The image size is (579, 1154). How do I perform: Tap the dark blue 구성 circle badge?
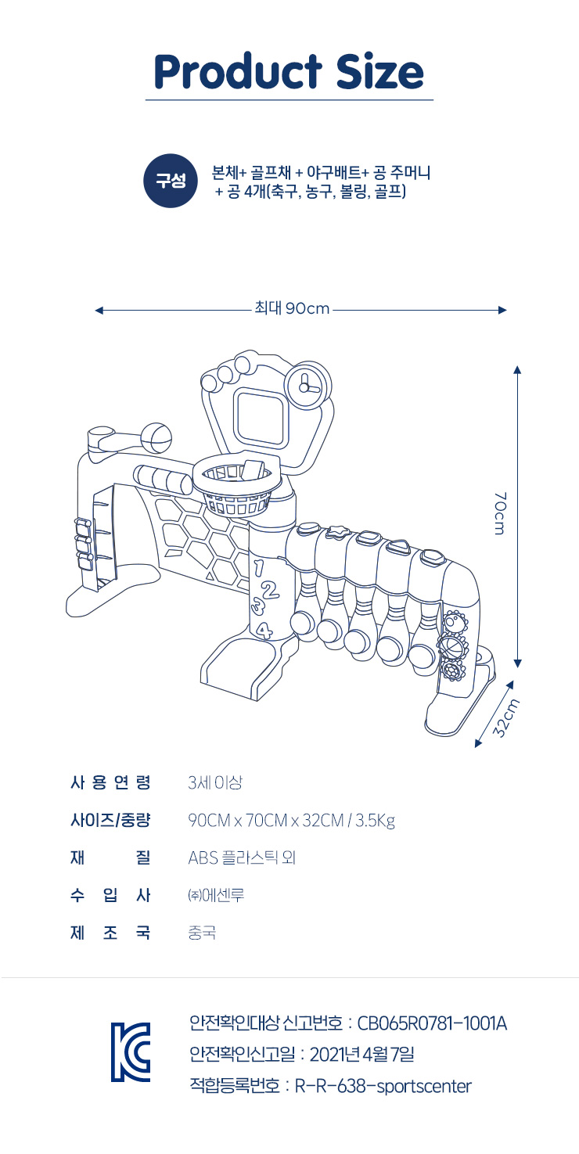click(170, 181)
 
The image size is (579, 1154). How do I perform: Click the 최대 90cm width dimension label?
click(292, 309)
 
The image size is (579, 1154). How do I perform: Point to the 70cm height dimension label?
click(501, 513)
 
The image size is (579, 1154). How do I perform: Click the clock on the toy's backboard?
click(304, 386)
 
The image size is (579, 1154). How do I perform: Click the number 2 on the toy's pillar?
click(270, 591)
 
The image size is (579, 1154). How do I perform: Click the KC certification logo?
click(130, 1052)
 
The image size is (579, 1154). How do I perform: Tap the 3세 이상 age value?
click(209, 782)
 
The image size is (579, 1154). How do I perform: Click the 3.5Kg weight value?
click(376, 821)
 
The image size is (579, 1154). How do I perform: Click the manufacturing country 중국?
click(202, 933)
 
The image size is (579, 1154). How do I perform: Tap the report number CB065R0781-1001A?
click(432, 1023)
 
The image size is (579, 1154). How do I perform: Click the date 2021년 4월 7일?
click(361, 1054)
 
